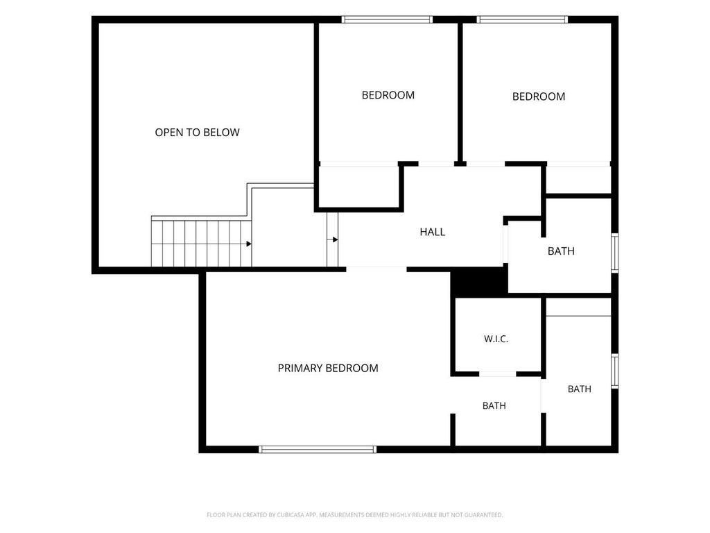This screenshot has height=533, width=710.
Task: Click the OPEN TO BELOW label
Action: click(197, 133)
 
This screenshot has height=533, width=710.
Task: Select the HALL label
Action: click(433, 232)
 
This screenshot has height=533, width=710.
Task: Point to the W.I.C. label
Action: click(496, 339)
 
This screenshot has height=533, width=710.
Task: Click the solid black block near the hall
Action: click(479, 281)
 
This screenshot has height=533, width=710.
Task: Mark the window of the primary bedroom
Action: click(318, 449)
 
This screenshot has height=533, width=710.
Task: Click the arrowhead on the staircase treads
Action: click(249, 244)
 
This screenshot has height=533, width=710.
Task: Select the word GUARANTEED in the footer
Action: click(487, 515)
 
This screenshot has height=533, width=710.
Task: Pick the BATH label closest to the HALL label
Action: click(561, 251)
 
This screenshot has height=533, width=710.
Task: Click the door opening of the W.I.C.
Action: click(498, 374)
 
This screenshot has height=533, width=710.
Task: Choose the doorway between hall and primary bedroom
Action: click(376, 269)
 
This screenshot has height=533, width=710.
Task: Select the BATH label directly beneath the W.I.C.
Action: click(494, 405)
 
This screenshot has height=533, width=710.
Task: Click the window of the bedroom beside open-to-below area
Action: click(387, 19)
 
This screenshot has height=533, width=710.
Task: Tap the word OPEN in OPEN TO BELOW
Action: click(167, 133)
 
